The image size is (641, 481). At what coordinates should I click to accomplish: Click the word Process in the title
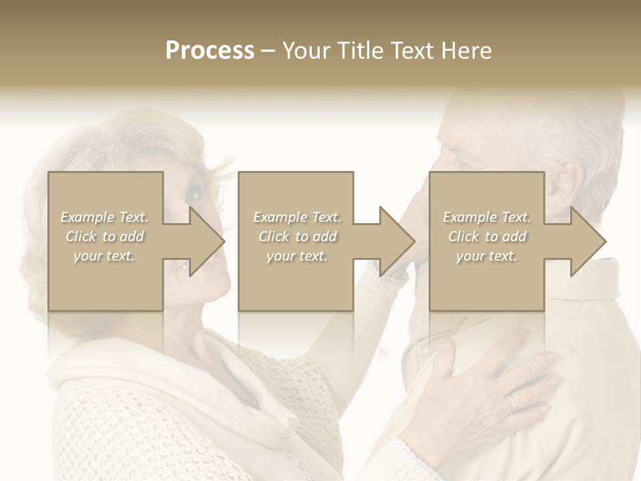pyautogui.click(x=210, y=51)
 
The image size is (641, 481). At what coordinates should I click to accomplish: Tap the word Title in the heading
pyautogui.click(x=356, y=51)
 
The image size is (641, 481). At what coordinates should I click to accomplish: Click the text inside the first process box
pyautogui.click(x=104, y=236)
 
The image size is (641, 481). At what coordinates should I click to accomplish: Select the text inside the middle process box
pyautogui.click(x=296, y=236)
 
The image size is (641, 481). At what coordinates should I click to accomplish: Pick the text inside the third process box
pyautogui.click(x=487, y=236)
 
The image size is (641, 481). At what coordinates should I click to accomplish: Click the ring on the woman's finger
pyautogui.click(x=513, y=402)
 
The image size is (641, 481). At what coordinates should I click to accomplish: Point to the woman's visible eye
pyautogui.click(x=194, y=195)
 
